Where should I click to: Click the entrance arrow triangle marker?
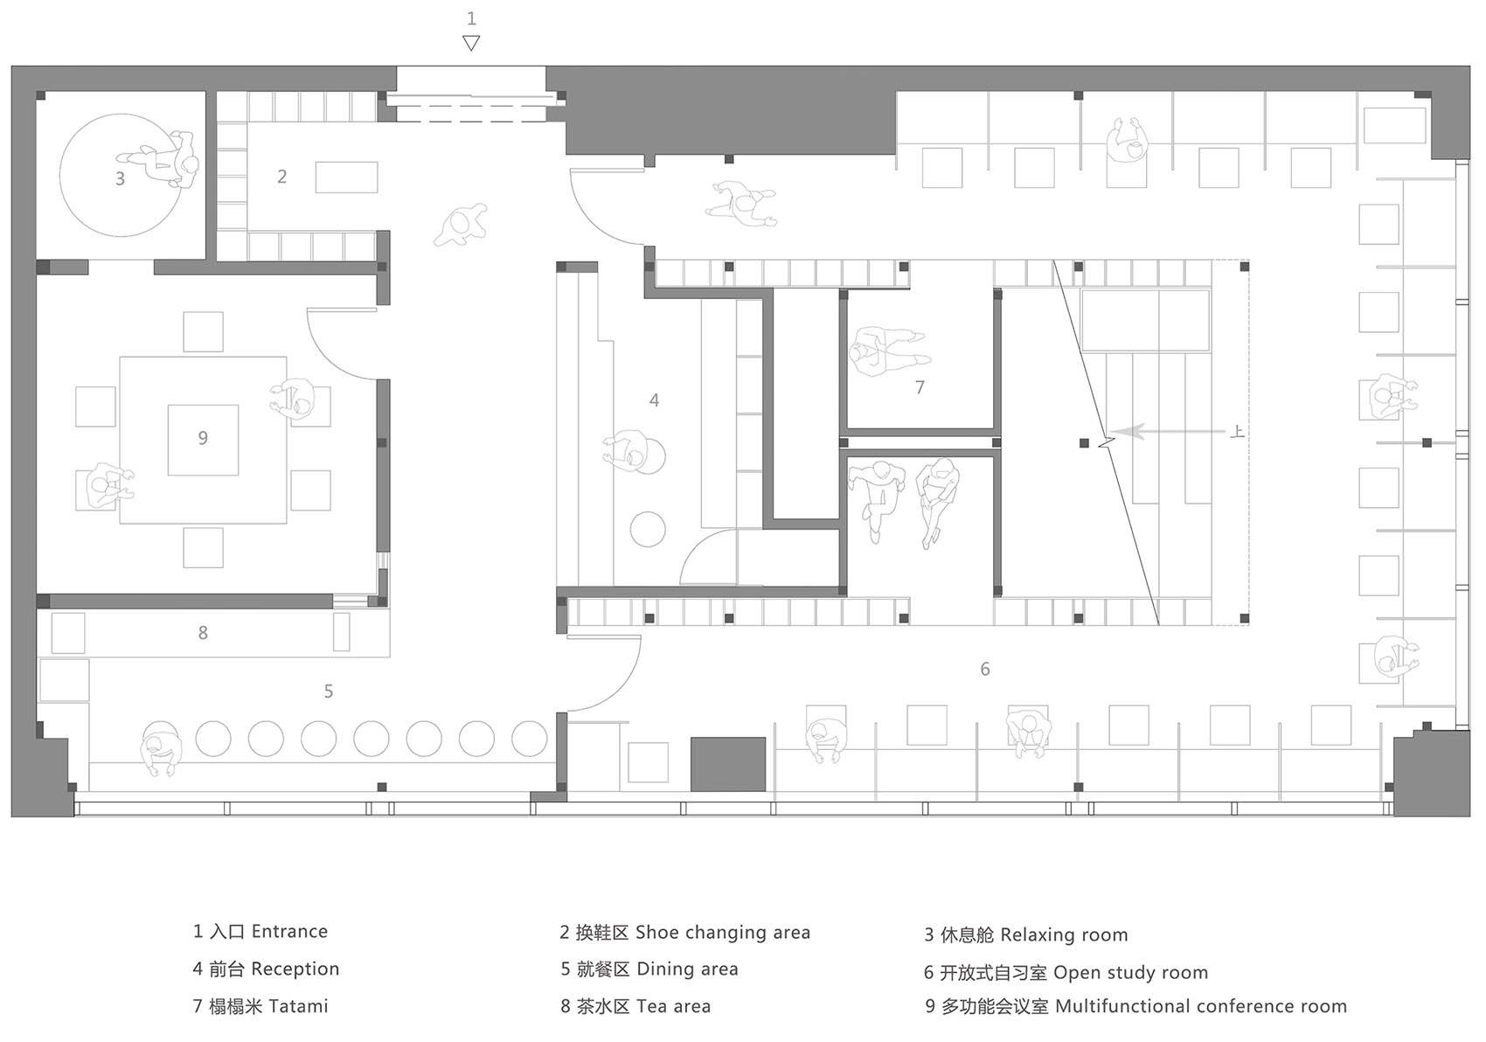pos(471,44)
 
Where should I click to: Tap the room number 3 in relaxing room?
pos(120,178)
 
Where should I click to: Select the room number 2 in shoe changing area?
pos(282,177)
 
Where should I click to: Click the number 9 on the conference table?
pos(203,438)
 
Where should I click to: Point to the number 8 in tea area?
pos(203,633)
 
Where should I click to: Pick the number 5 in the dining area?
pos(329,691)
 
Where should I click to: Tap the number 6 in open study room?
pos(985,669)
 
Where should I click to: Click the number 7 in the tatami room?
pos(920,387)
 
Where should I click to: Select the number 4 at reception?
pos(654,400)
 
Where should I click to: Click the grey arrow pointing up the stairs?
pos(1167,432)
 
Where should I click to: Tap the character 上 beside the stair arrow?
pos(1237,432)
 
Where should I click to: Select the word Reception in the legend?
pos(295,969)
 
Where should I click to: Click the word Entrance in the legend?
pos(289,931)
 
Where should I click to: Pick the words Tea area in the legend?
pos(673,1006)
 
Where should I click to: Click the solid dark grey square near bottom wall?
pos(728,764)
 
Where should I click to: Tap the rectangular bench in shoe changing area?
pos(346,177)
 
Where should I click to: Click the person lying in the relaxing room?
pos(159,158)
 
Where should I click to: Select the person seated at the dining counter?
pos(161,747)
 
